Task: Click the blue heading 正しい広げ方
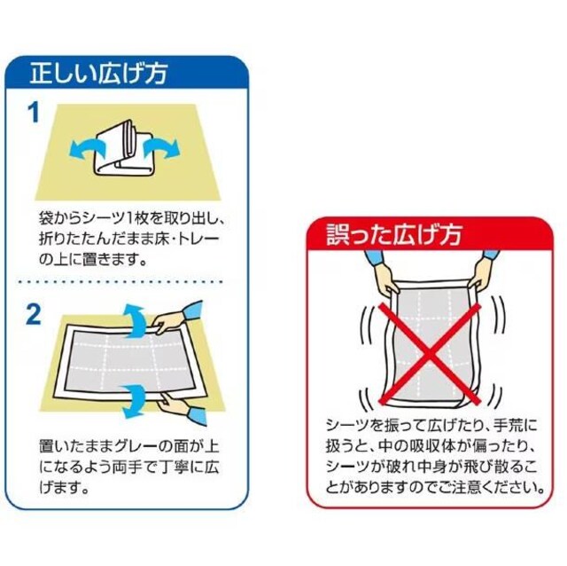coord(98,74)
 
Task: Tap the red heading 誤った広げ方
coord(394,234)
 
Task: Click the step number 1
coord(35,113)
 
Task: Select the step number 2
coord(34,314)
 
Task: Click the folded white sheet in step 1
coord(123,148)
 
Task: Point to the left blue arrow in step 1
coord(87,149)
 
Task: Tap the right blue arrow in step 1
coord(161,146)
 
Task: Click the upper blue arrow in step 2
coord(136,321)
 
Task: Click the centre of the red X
coord(430,353)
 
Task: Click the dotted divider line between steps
coord(120,281)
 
